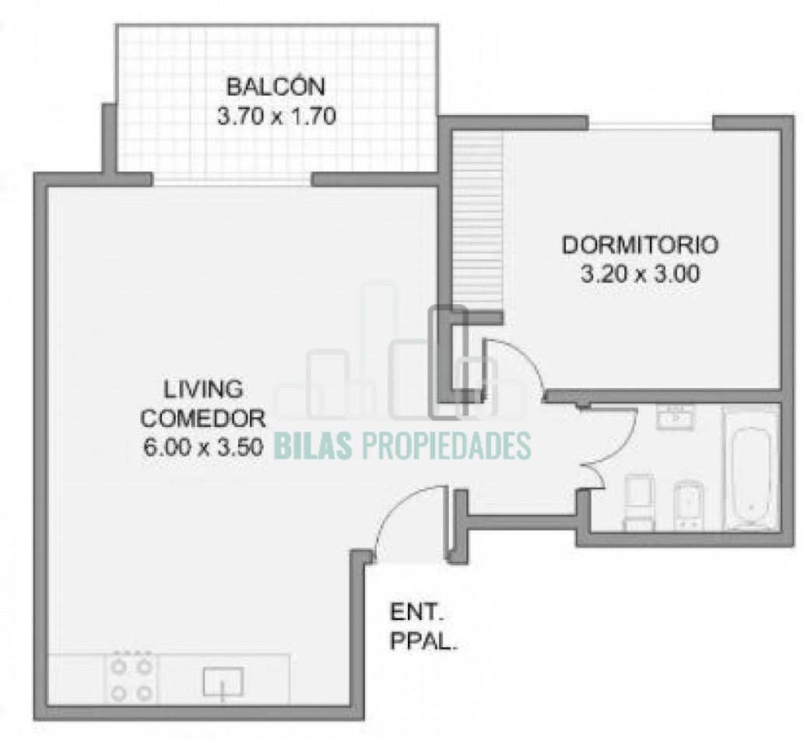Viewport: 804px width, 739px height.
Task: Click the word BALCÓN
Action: click(276, 86)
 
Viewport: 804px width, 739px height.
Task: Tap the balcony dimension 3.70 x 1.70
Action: click(276, 117)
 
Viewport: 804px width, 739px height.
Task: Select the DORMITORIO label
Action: click(640, 245)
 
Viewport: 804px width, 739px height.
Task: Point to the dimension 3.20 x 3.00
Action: click(640, 275)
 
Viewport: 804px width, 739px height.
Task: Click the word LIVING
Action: click(203, 389)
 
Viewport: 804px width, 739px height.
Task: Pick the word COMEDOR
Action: click(203, 419)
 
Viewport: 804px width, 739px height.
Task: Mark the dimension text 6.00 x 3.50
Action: click(203, 448)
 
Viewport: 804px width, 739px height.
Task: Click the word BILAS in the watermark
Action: click(314, 445)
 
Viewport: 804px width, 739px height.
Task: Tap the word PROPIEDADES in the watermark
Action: click(446, 445)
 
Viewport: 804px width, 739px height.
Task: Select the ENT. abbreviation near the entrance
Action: click(417, 612)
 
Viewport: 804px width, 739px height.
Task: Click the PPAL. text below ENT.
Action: click(423, 641)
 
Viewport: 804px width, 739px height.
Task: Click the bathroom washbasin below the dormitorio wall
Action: click(675, 418)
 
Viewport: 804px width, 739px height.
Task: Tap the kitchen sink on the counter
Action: click(223, 682)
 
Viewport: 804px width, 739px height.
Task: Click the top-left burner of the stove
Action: click(120, 666)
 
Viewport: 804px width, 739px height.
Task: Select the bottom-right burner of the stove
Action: click(146, 693)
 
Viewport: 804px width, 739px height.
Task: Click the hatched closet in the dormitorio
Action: click(477, 221)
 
